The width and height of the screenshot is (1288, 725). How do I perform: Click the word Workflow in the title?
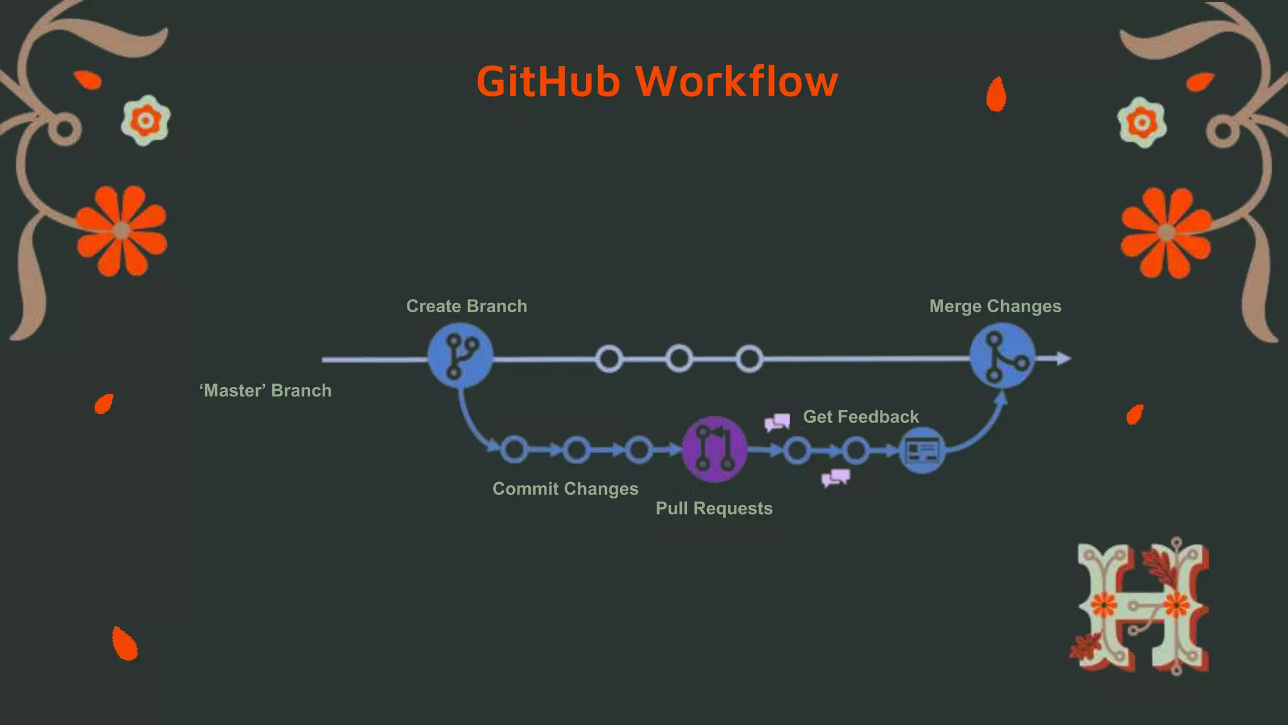736,82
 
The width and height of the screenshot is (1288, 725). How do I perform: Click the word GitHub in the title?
548,82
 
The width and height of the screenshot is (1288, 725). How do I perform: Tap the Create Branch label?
467,306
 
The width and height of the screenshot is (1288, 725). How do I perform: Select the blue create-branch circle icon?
460,356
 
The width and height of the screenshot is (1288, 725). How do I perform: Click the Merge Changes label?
995,306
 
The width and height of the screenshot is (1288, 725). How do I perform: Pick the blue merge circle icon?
1002,356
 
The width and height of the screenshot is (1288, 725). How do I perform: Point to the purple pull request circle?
715,449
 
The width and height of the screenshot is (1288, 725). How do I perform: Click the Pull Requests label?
714,509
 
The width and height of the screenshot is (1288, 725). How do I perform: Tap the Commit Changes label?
565,489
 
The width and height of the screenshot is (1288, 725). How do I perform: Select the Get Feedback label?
860,417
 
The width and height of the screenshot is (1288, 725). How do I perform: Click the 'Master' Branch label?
265,391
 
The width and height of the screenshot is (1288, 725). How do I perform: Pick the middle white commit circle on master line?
679,359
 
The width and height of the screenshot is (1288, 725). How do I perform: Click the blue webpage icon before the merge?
922,451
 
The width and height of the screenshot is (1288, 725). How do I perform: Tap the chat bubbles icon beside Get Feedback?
777,422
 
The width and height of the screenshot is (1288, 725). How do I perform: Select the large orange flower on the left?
121,231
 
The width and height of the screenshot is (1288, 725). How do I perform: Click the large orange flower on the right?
1167,233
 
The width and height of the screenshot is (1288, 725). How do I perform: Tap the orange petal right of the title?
996,95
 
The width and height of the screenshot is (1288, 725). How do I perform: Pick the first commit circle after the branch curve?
514,450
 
